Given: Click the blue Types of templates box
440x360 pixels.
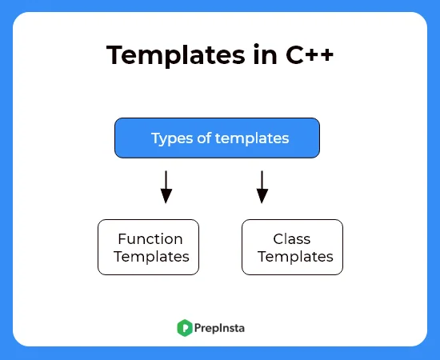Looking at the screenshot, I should pos(217,138).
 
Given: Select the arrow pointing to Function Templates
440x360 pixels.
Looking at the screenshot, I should pos(166,186).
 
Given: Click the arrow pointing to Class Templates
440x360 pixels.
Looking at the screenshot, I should pos(262,186).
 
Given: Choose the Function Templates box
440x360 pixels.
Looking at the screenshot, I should pos(148,247).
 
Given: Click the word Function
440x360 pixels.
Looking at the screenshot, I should pos(150,238).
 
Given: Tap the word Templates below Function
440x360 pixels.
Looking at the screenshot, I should pos(151,257).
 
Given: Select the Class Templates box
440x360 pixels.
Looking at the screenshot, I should pos(292,247).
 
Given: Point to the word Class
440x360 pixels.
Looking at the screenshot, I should pos(292,238).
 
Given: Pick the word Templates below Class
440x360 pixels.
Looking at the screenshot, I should pos(295,257).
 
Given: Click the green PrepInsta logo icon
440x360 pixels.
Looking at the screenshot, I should pos(184,326).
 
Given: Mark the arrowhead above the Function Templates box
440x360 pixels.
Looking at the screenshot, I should pos(166,197).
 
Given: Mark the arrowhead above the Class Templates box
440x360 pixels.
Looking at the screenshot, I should pos(262,197).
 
